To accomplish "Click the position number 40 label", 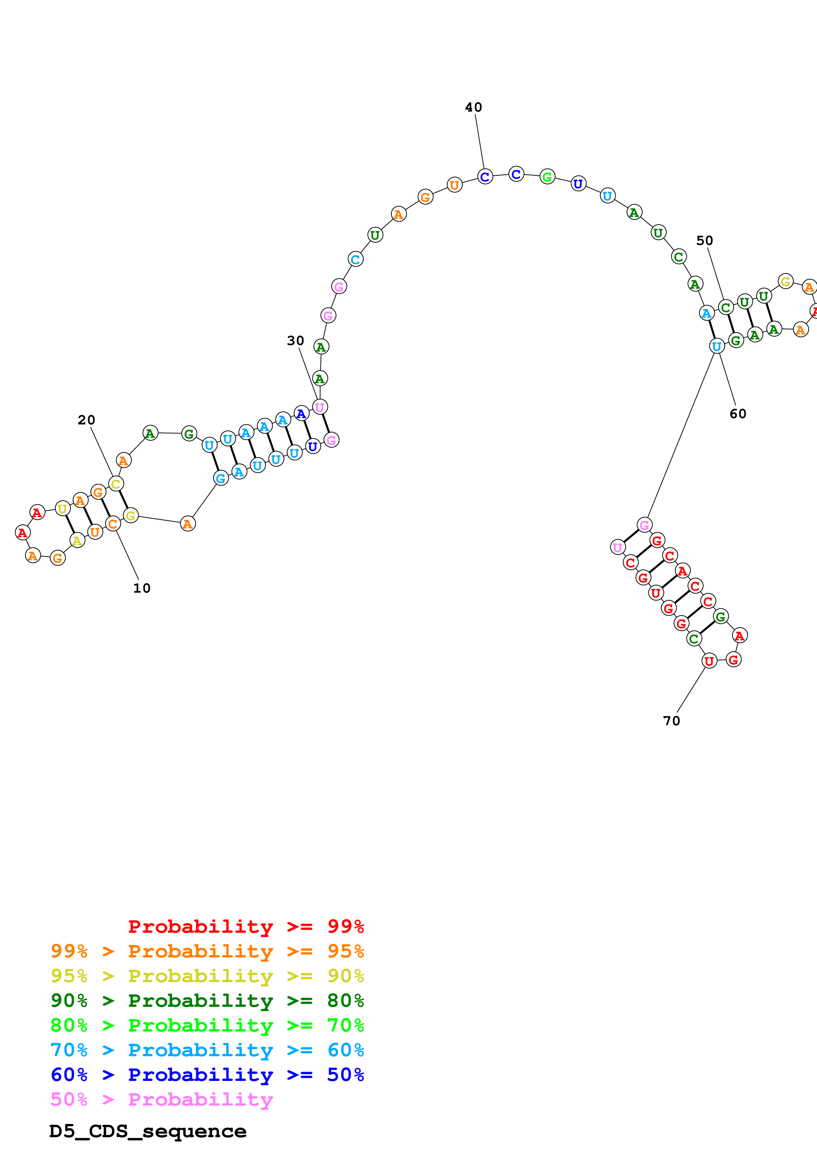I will [x=473, y=107].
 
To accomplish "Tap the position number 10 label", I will [x=141, y=588].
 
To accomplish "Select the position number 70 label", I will [x=671, y=721].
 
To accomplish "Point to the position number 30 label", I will [x=296, y=340].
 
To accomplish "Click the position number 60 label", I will [x=738, y=414].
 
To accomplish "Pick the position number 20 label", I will [x=86, y=419].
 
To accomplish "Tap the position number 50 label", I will [x=704, y=240].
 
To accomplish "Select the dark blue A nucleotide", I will [x=301, y=414].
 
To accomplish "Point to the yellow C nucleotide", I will [x=116, y=484].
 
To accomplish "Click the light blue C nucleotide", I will [x=355, y=259].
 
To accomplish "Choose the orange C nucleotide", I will [x=113, y=524].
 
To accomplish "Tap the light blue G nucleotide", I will [x=220, y=478].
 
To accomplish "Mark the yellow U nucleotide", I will [x=62, y=509].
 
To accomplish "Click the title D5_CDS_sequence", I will [x=148, y=1131].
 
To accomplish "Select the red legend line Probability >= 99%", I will [x=246, y=926].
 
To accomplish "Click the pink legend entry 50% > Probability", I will [x=161, y=1099].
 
